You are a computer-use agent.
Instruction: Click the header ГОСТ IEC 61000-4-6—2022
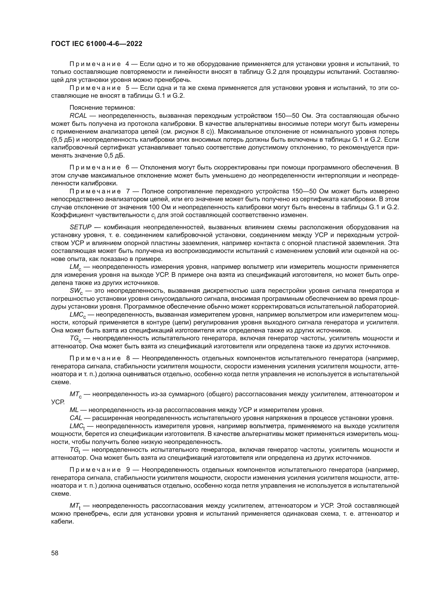click(97, 44)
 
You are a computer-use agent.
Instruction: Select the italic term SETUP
click(81, 227)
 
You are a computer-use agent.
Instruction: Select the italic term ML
click(74, 410)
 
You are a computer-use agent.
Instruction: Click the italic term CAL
click(76, 418)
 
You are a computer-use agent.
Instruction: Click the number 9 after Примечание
click(128, 470)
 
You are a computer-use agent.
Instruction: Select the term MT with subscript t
click(75, 506)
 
